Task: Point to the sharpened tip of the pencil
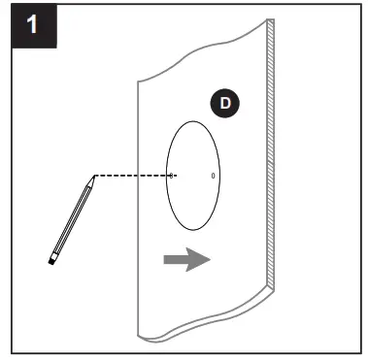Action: [x=93, y=177]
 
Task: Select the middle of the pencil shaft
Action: [x=73, y=218]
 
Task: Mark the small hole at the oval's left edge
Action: [x=171, y=176]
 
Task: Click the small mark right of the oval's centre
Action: [x=214, y=177]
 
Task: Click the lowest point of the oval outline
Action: [x=193, y=229]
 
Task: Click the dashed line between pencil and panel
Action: [x=131, y=176]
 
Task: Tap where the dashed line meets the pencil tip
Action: [x=95, y=176]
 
